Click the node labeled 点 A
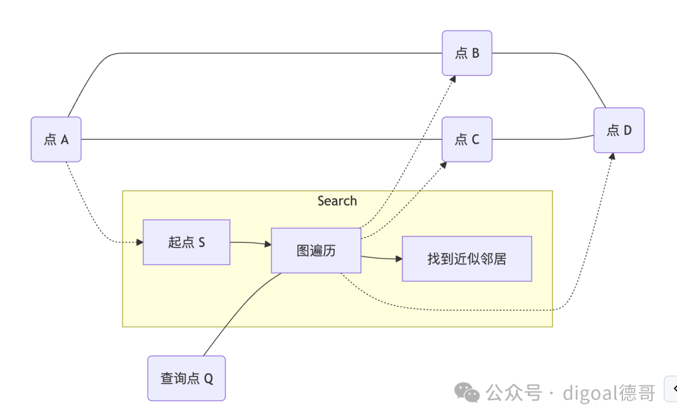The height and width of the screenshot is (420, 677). [56, 139]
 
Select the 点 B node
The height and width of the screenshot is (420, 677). [467, 53]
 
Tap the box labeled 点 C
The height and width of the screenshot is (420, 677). [467, 139]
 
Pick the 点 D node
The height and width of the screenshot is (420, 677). [619, 130]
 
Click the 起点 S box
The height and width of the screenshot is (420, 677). [187, 242]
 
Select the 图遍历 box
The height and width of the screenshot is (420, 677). [316, 250]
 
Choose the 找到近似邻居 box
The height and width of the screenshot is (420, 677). [467, 258]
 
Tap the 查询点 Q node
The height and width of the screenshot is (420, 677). [187, 378]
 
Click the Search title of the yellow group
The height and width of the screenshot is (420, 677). [337, 201]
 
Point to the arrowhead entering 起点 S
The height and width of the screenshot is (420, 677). [140, 242]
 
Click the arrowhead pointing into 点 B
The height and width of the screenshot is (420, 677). [453, 79]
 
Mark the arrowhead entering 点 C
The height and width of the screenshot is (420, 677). [443, 165]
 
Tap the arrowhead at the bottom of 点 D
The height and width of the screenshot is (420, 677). [612, 156]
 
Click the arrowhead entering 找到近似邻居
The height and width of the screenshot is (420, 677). [399, 259]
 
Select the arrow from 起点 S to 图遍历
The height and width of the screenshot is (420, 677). [250, 243]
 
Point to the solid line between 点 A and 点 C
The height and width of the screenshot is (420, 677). [261, 139]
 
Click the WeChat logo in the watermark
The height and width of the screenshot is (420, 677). [466, 392]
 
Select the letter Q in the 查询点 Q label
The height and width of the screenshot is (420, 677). [209, 379]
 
